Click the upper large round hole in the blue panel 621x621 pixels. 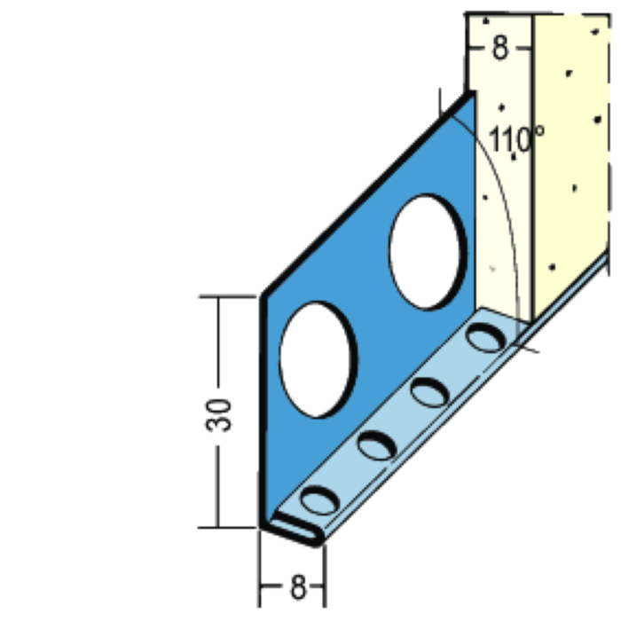(x=426, y=253)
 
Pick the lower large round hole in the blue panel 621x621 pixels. (x=318, y=358)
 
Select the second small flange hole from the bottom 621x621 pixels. (x=375, y=444)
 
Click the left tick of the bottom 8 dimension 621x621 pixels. (x=261, y=586)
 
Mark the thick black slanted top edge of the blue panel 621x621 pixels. (x=364, y=195)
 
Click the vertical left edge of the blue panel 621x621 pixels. (x=263, y=408)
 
